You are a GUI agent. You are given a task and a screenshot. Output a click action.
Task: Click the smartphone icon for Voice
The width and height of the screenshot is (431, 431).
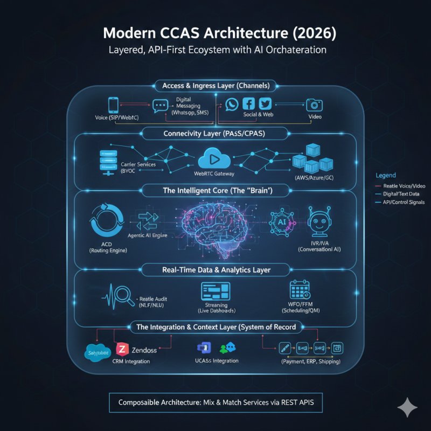click(x=114, y=105)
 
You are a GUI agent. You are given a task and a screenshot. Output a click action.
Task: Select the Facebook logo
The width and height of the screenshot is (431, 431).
click(x=249, y=105)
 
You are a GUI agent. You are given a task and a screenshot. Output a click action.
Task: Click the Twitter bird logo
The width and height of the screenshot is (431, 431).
click(x=266, y=105)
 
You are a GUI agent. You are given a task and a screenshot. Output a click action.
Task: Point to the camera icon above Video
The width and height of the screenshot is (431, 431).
click(x=314, y=105)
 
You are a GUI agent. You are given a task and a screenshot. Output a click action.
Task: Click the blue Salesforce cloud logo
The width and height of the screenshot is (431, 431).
click(x=98, y=353)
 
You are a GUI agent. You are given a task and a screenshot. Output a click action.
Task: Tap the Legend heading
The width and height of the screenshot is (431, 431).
click(x=385, y=175)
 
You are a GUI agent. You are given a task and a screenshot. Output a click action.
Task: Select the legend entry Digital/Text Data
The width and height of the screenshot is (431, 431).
click(x=402, y=193)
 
